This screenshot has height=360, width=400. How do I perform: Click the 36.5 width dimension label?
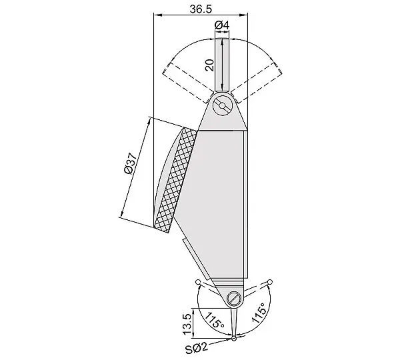point(201,9)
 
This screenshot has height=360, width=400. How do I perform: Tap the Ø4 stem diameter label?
point(222,25)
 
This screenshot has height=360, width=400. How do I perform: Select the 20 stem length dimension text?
point(210,65)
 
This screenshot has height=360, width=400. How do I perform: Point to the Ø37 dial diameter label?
point(129,163)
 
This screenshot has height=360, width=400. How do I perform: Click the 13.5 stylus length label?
point(187,324)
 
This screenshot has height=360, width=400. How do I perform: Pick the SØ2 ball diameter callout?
point(197,348)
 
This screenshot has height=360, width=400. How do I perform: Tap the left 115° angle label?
point(214,320)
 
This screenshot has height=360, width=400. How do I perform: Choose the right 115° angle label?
point(260,313)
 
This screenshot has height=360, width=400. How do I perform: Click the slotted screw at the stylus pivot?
point(234,298)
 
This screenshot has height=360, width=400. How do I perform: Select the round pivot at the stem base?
point(223,105)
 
